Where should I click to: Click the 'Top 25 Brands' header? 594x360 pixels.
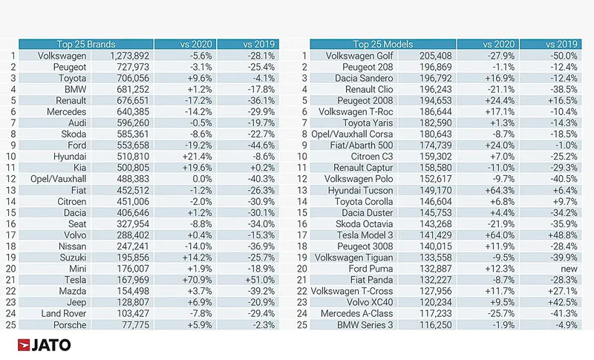point(86,45)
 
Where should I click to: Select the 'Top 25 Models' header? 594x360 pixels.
point(382,45)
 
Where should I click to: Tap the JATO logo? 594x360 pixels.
point(44,345)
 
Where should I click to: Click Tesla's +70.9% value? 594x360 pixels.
point(197,280)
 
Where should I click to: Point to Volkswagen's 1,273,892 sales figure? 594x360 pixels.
point(129,56)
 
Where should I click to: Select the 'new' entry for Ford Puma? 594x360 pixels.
point(569,269)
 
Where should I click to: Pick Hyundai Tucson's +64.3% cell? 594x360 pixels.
point(500,191)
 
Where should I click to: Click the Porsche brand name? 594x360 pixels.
point(70,325)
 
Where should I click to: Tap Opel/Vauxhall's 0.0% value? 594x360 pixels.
point(202,179)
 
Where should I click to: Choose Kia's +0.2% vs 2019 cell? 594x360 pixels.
point(262,168)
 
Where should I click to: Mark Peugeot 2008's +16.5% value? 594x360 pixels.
point(563,101)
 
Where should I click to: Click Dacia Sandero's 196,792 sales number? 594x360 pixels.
point(436,79)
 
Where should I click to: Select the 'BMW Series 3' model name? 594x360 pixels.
point(365,325)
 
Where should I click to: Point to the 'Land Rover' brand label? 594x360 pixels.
point(64,314)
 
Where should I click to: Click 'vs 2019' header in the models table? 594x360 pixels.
point(561,45)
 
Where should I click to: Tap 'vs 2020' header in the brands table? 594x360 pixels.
point(196,45)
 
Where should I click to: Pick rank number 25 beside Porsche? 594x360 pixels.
point(10,325)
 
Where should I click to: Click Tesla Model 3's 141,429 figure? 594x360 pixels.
point(436,235)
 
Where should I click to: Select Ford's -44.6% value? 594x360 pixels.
point(261,145)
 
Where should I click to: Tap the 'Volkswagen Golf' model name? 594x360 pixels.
point(359,56)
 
